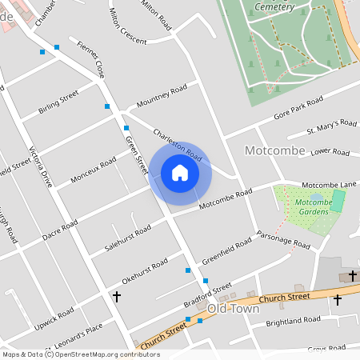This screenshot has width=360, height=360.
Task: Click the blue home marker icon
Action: [179, 173]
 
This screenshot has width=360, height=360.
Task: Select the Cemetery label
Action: [274, 6]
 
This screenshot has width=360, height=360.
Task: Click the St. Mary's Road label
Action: [331, 126]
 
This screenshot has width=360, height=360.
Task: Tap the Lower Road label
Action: [330, 150]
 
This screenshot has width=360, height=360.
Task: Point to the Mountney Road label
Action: [161, 95]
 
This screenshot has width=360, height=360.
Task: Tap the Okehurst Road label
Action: [145, 272]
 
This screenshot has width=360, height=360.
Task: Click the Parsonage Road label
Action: [282, 240]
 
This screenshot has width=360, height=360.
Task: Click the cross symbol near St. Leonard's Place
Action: [117, 297]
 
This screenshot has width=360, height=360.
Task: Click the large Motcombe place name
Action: [254, 150]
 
